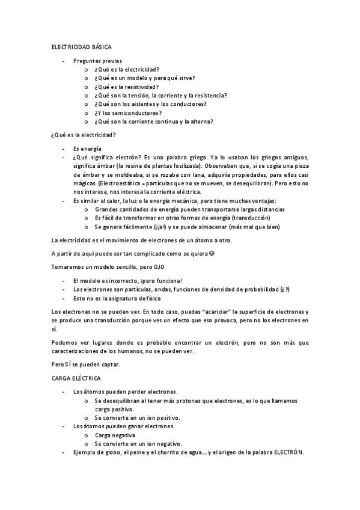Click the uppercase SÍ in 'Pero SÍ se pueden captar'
[x=69, y=364]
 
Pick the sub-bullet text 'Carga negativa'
[x=115, y=435]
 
